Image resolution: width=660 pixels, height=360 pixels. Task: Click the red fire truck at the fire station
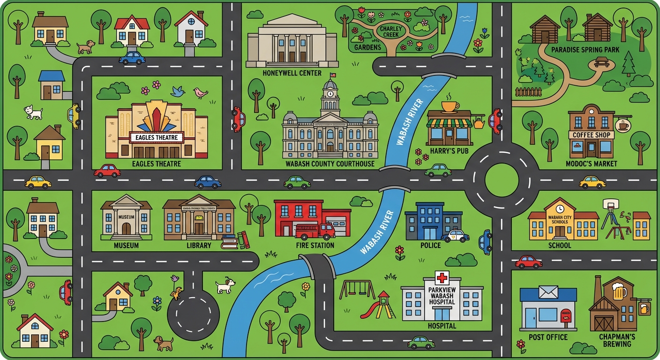pyautogui.click(x=315, y=230)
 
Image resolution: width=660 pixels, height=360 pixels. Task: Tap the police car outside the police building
pyautogui.click(x=455, y=235)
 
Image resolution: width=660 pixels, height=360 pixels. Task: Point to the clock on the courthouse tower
pyautogui.click(x=330, y=93)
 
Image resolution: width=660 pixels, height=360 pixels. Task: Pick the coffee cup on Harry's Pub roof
pyautogui.click(x=450, y=106)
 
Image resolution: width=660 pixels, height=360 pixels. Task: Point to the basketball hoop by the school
pyautogui.click(x=608, y=204)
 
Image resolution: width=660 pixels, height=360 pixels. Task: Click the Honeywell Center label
pyautogui.click(x=292, y=73)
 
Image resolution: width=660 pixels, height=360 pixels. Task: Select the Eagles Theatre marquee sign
pyautogui.click(x=156, y=137)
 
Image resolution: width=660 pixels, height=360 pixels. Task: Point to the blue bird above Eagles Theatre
pyautogui.click(x=177, y=91)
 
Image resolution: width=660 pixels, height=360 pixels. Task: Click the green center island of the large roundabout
pyautogui.click(x=502, y=180)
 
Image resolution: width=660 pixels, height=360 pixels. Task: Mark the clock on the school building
pyautogui.click(x=560, y=208)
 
